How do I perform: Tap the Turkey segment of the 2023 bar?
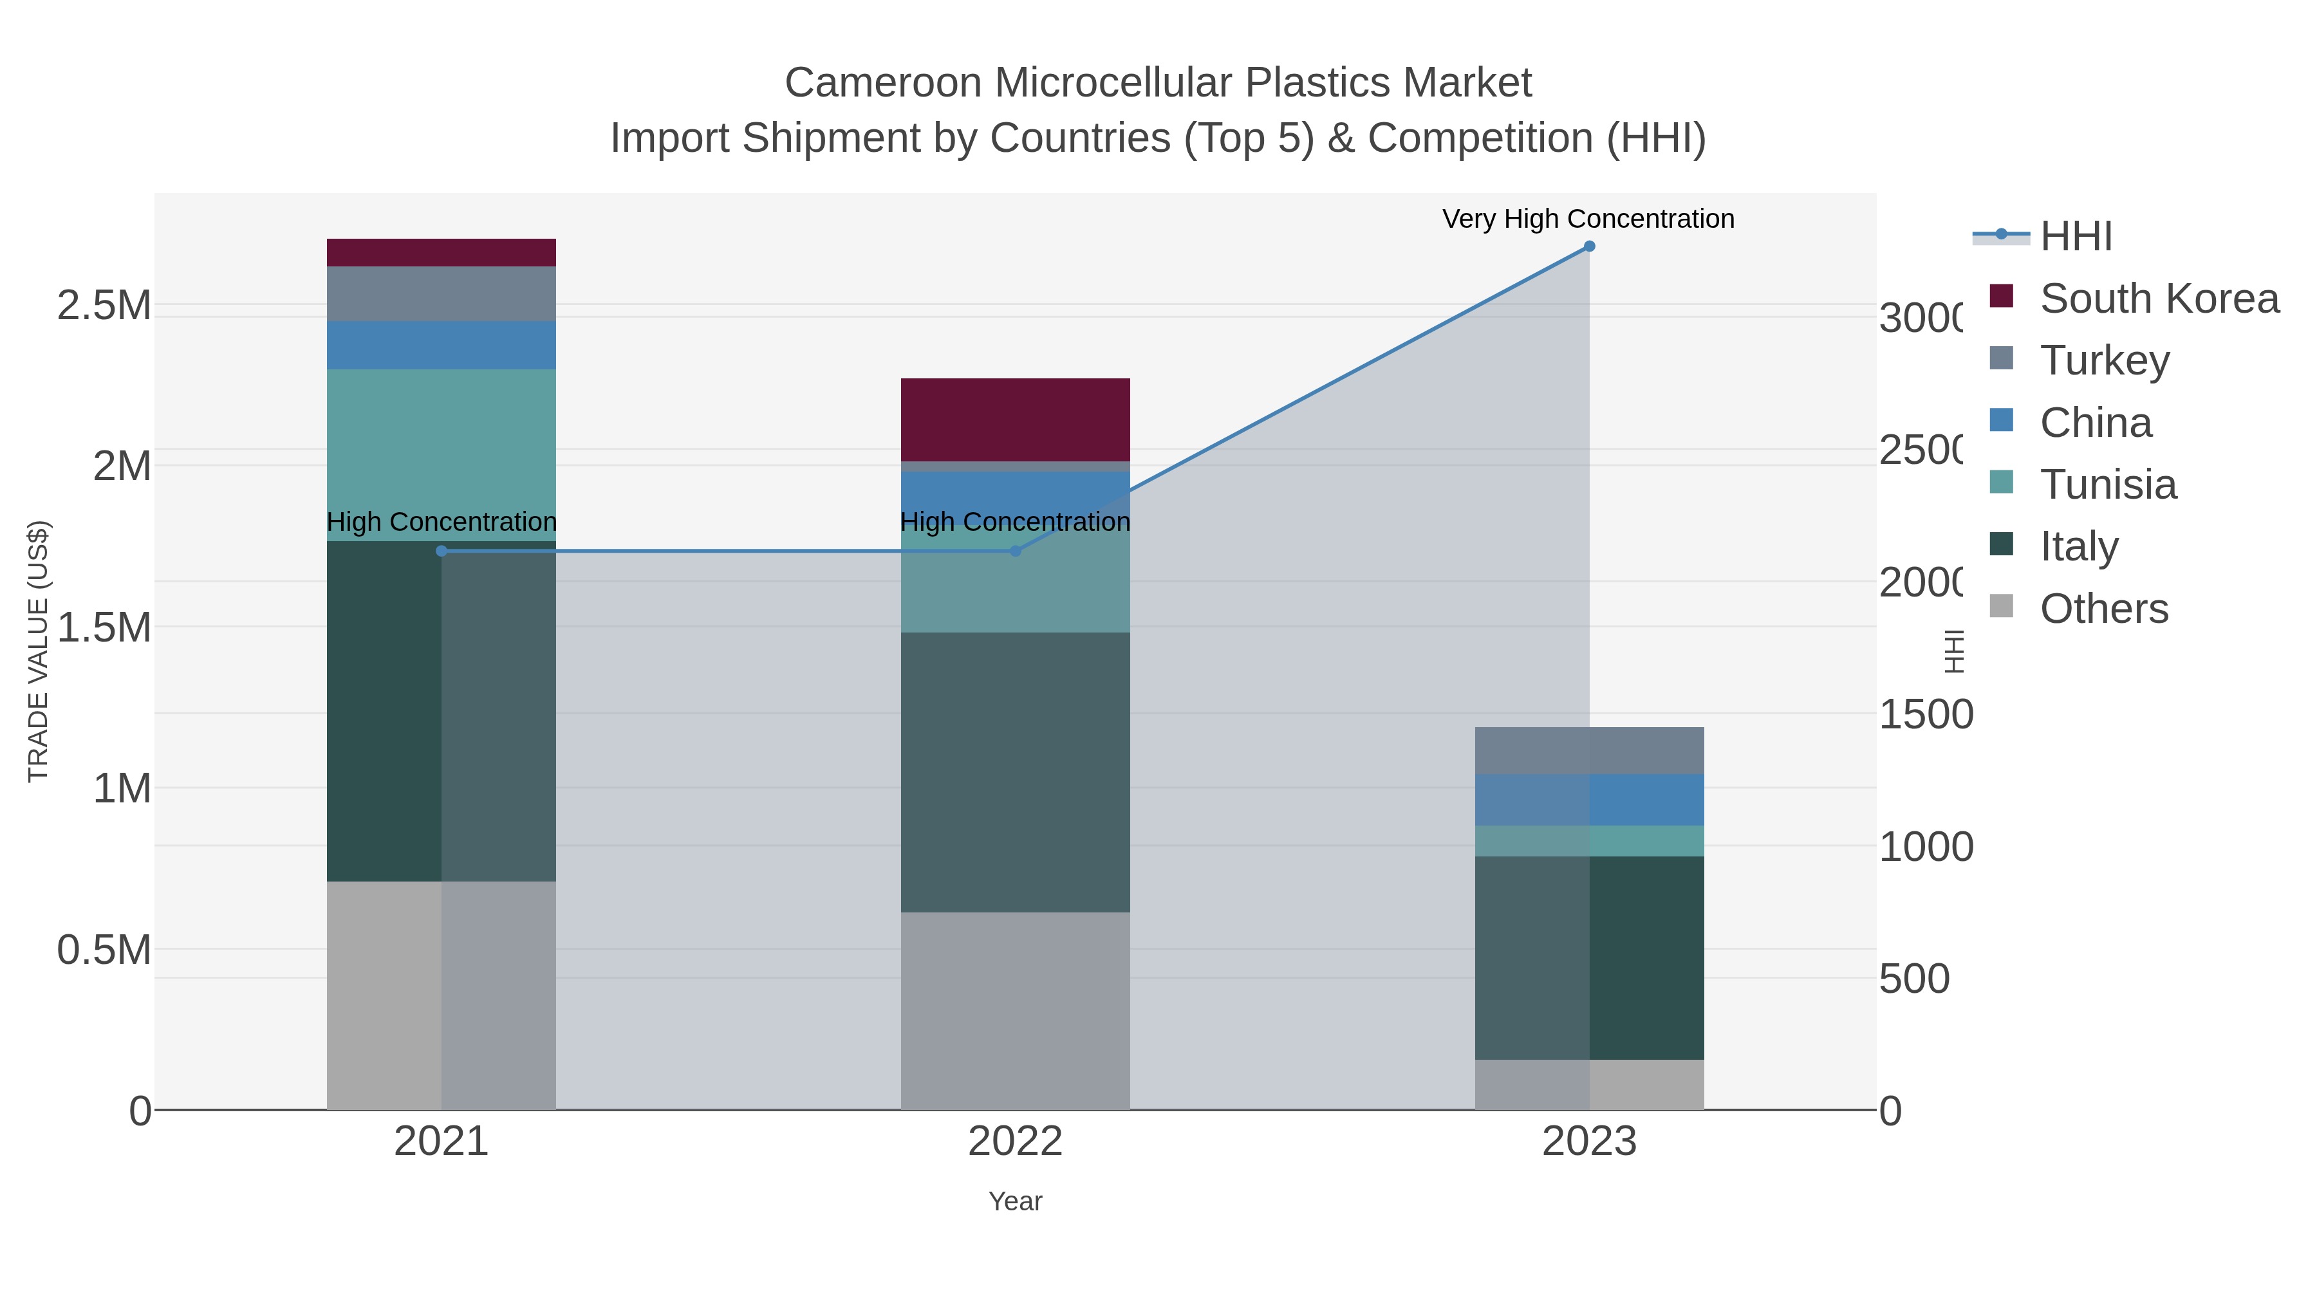click(x=1588, y=750)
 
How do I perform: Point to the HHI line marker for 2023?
click(x=1588, y=246)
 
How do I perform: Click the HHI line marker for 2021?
click(x=441, y=551)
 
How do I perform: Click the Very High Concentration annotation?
click(x=1588, y=219)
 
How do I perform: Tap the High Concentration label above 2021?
click(x=441, y=522)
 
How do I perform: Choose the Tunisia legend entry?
click(x=2107, y=485)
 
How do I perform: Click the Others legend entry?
click(x=2103, y=609)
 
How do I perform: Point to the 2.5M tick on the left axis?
click(x=104, y=306)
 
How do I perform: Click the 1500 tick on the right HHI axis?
click(x=1925, y=715)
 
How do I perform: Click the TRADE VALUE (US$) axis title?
click(x=38, y=651)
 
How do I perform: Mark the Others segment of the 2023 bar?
click(x=1588, y=1084)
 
